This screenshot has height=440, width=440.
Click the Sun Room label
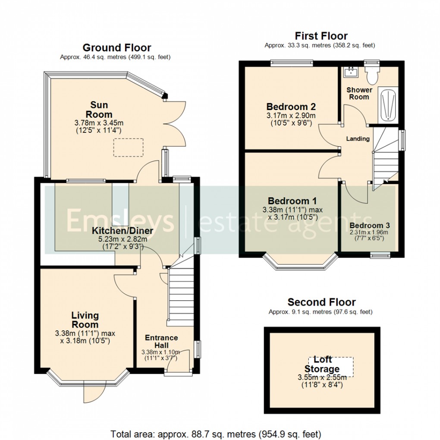click(x=99, y=110)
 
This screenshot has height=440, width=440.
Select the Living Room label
click(x=85, y=320)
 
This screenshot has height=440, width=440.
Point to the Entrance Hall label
click(x=161, y=341)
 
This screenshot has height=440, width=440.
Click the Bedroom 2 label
click(x=291, y=107)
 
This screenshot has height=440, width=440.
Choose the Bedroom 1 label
click(x=292, y=201)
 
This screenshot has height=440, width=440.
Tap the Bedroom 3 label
click(x=370, y=226)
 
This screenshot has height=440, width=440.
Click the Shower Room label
click(x=359, y=93)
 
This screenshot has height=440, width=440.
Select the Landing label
click(x=358, y=139)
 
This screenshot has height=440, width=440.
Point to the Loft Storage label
click(x=322, y=365)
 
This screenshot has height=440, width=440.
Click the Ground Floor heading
click(x=116, y=47)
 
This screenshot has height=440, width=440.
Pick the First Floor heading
click(x=321, y=36)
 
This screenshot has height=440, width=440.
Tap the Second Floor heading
click(x=321, y=302)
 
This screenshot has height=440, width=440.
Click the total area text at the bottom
click(x=215, y=433)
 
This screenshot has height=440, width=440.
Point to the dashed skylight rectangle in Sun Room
click(x=128, y=147)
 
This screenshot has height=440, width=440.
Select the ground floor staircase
click(x=179, y=293)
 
